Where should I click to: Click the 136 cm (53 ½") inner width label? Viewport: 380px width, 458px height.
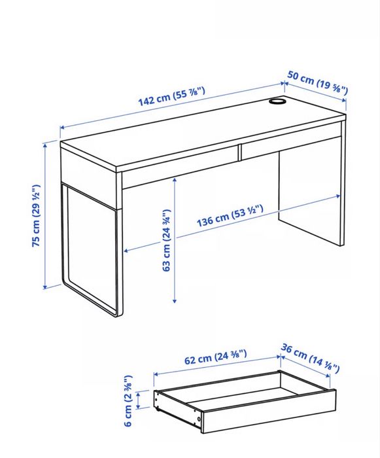pos(230,217)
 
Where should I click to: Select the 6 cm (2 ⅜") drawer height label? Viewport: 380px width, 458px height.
pos(129,399)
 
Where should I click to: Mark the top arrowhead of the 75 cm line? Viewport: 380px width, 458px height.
pos(45,145)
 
